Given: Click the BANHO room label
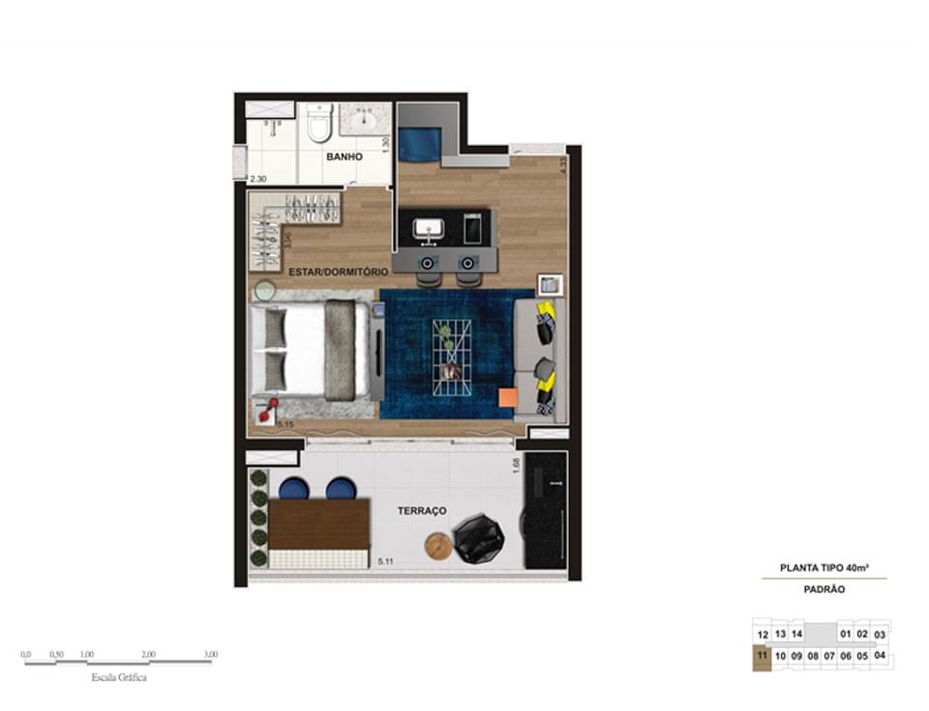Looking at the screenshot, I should click(x=344, y=156).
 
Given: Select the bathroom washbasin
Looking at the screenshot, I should click(x=367, y=122).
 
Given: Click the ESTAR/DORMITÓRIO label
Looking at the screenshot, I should click(x=338, y=272).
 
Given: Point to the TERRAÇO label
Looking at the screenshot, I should click(x=421, y=510).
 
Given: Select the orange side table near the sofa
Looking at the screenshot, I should click(x=508, y=397).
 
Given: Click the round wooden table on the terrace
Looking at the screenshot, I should click(x=438, y=547).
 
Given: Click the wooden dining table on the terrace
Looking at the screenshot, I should click(x=320, y=523).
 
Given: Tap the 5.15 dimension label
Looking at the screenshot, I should click(x=285, y=424).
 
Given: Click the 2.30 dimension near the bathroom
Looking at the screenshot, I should click(x=257, y=179).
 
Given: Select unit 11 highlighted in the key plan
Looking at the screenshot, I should click(x=763, y=655).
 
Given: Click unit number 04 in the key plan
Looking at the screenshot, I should click(x=880, y=654).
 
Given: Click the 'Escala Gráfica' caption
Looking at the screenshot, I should click(x=118, y=678).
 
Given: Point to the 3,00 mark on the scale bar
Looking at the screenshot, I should click(x=211, y=655).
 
